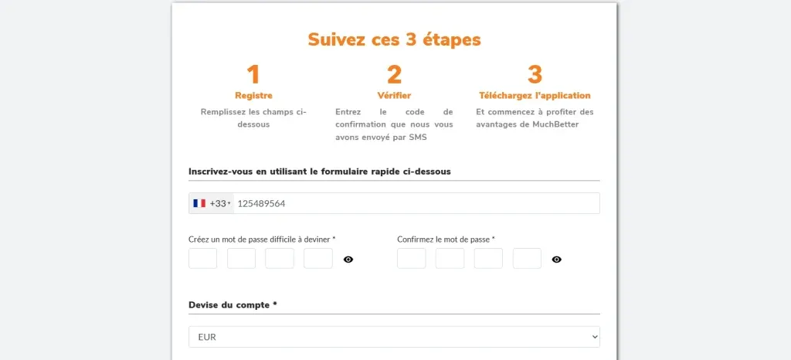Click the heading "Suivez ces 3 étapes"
click(394, 39)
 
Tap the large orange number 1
click(253, 75)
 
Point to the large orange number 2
click(394, 75)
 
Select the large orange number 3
click(535, 75)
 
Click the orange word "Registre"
click(253, 96)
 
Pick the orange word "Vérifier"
click(394, 96)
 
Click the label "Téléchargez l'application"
click(535, 96)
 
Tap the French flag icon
click(199, 203)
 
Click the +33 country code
click(219, 203)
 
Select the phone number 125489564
click(261, 203)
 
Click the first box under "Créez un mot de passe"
click(202, 259)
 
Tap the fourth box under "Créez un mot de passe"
click(318, 259)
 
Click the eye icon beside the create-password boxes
click(348, 260)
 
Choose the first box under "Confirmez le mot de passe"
click(411, 259)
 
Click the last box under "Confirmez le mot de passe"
click(527, 259)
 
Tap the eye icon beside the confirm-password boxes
click(557, 260)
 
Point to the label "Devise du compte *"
click(233, 305)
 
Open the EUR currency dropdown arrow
click(593, 337)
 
